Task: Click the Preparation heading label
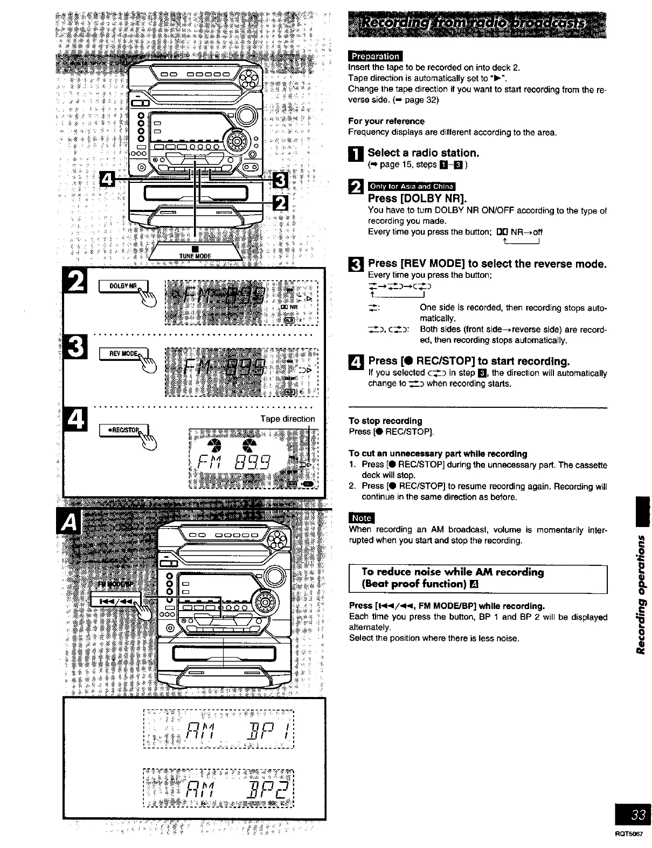pyautogui.click(x=375, y=56)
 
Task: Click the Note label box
pyautogui.click(x=361, y=518)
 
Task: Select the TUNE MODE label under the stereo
pyautogui.click(x=195, y=256)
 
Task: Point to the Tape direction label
pyautogui.click(x=287, y=419)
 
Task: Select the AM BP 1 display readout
pyautogui.click(x=218, y=730)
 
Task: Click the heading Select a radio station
pyautogui.click(x=423, y=153)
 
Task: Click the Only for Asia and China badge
pyautogui.click(x=411, y=187)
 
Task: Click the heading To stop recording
pyautogui.click(x=385, y=421)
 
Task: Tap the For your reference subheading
pyautogui.click(x=386, y=121)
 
